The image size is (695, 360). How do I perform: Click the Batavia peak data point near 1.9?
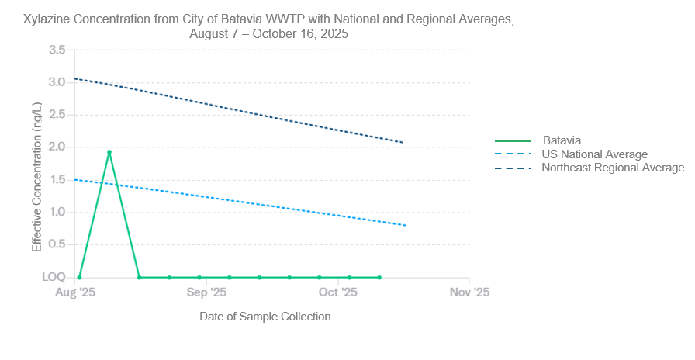tap(109, 152)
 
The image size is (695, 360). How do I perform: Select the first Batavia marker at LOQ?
tap(79, 277)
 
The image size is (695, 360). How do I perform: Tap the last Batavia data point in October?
tap(379, 277)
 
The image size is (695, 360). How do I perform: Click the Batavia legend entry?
tap(561, 141)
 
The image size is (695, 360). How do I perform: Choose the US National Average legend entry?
tap(594, 154)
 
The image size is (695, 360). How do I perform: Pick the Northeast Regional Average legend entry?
tap(613, 167)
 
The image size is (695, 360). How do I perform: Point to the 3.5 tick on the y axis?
tap(57, 50)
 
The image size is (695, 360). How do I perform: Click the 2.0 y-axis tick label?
tap(57, 147)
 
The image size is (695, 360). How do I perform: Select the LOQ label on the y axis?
tap(54, 277)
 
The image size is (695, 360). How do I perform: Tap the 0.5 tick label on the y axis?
tap(57, 244)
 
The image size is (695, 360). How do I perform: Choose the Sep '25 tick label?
tap(207, 292)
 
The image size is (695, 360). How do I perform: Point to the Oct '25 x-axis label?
tap(338, 292)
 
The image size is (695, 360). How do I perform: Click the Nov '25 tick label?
tap(470, 292)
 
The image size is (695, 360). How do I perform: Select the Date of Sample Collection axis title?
tap(265, 317)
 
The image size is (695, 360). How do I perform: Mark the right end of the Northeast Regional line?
tap(403, 143)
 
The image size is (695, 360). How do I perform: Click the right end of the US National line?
tap(406, 225)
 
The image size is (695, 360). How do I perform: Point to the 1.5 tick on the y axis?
tap(57, 179)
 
